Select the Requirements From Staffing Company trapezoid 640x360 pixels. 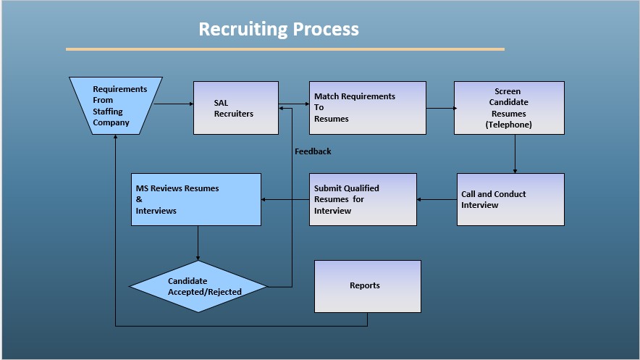116,106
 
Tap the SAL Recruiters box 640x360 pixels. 235,108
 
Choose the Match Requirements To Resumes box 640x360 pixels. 367,108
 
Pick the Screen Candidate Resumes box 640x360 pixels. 508,108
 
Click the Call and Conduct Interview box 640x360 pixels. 510,199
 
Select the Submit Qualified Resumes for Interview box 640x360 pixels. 363,199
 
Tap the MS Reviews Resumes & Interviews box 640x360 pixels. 195,199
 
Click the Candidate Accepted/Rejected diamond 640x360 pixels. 198,286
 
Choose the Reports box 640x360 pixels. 367,286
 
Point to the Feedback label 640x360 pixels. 313,151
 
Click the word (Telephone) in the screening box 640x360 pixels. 508,125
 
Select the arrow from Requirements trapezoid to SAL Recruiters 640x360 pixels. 174,104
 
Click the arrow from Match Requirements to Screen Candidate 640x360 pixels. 440,109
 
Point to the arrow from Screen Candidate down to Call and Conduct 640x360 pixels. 515,154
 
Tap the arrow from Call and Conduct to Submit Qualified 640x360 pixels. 437,199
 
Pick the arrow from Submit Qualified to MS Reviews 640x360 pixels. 285,199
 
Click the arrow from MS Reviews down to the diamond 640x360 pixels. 198,243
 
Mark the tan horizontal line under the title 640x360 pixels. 285,49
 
